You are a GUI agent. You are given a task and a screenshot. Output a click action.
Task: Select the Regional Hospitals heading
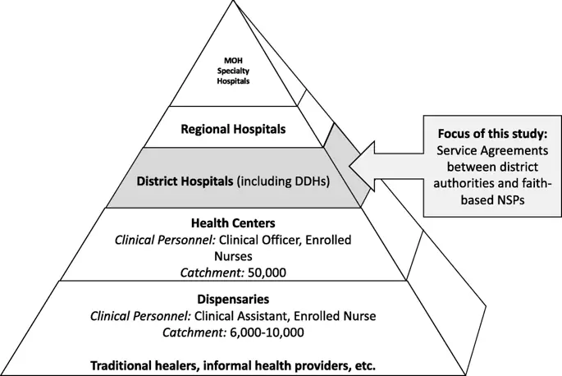(x=233, y=129)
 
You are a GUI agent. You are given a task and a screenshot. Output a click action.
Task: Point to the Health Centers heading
(x=232, y=223)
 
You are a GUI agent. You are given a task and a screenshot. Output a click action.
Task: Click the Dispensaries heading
(x=232, y=300)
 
